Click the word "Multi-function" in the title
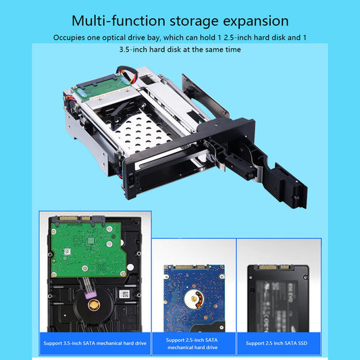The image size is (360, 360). tap(118, 21)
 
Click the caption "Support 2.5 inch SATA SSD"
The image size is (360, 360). tap(276, 343)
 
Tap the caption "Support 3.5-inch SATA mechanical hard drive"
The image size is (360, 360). tap(95, 343)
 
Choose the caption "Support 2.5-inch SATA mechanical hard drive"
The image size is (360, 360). tap(192, 344)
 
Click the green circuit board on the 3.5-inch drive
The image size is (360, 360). tap(88, 249)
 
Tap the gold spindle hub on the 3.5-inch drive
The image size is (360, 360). tap(94, 305)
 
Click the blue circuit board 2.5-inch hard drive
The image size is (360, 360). tap(194, 298)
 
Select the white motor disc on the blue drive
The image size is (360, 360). tap(194, 299)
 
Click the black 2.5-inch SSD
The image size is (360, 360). tap(278, 299)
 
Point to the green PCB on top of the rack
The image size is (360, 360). tap(102, 88)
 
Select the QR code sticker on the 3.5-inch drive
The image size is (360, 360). tap(124, 294)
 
